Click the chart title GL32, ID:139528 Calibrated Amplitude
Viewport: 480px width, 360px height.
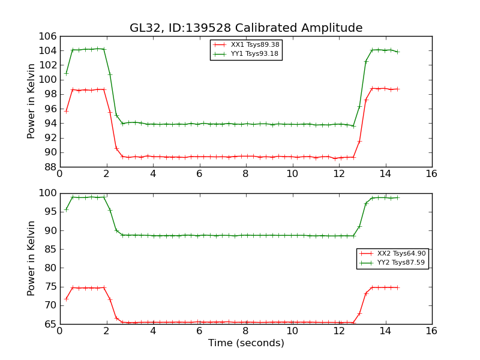pos(246,28)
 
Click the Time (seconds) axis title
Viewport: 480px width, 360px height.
pos(246,343)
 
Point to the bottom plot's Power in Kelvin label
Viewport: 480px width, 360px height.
pos(32,258)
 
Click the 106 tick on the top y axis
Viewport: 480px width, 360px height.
pos(48,36)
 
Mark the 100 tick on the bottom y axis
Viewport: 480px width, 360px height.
pos(48,193)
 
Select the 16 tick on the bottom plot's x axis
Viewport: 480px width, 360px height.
pos(431,331)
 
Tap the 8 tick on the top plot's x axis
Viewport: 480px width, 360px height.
pos(245,174)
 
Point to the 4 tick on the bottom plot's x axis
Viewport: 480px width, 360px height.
pos(152,331)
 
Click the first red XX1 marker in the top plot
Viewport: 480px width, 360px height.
pos(66,111)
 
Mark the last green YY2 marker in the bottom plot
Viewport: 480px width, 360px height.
pos(397,197)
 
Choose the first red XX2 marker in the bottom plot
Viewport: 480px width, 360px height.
pos(66,299)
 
